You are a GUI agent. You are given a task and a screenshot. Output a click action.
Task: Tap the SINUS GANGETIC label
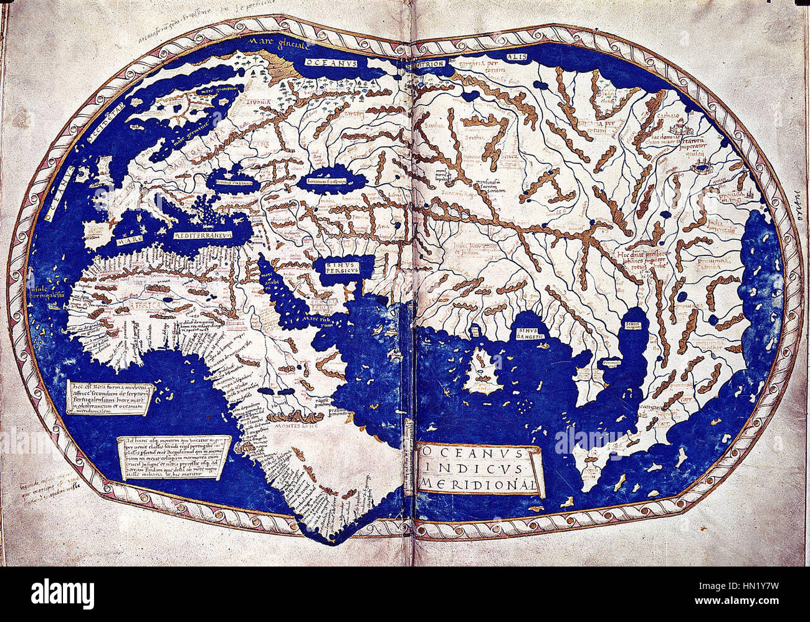pyautogui.click(x=526, y=331)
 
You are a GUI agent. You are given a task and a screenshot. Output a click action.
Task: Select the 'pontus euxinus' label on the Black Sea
pyautogui.click(x=226, y=176)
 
